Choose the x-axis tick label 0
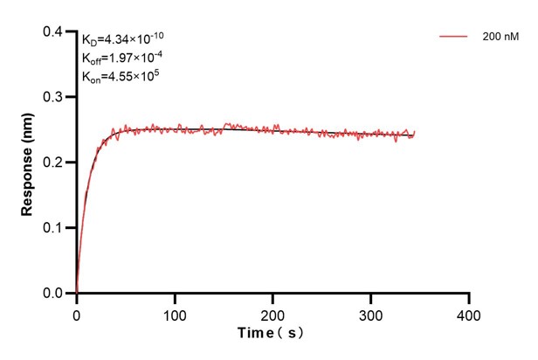pos(77,313)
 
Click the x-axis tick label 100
pos(175,313)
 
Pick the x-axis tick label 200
pos(273,313)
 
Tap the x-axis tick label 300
pos(371,313)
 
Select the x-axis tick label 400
pos(469,313)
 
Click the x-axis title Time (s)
pos(272,334)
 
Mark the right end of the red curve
pos(415,132)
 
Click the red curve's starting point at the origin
pos(77,293)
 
